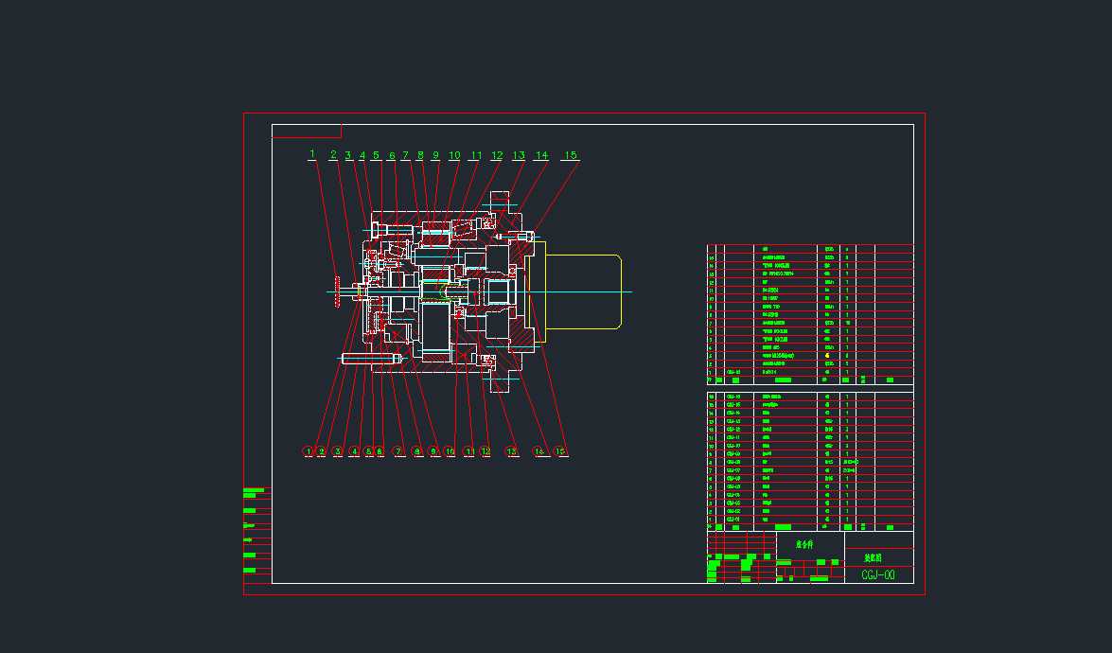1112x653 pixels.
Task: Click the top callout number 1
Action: (x=311, y=154)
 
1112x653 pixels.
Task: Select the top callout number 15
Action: (x=570, y=155)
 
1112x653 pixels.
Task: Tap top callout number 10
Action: (x=454, y=155)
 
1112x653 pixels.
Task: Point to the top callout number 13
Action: (x=519, y=155)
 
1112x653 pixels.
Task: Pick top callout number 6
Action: (x=391, y=155)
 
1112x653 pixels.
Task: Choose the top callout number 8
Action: (x=420, y=155)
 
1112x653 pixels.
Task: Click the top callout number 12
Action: (x=496, y=155)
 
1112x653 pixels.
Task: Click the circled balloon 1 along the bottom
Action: (x=308, y=451)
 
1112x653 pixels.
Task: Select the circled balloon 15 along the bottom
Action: (x=560, y=451)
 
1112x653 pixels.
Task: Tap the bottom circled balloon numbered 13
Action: (x=512, y=451)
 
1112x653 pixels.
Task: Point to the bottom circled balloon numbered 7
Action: (x=398, y=451)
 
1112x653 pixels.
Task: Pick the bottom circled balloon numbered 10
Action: (x=450, y=451)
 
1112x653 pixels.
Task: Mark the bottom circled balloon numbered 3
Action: (x=337, y=451)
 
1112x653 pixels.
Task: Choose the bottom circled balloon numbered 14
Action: (x=539, y=451)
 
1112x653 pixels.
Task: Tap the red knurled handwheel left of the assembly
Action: (x=338, y=291)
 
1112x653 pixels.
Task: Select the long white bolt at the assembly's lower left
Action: (x=364, y=359)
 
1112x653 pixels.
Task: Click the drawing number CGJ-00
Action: (x=878, y=574)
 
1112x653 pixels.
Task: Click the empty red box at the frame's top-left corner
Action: (x=306, y=131)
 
